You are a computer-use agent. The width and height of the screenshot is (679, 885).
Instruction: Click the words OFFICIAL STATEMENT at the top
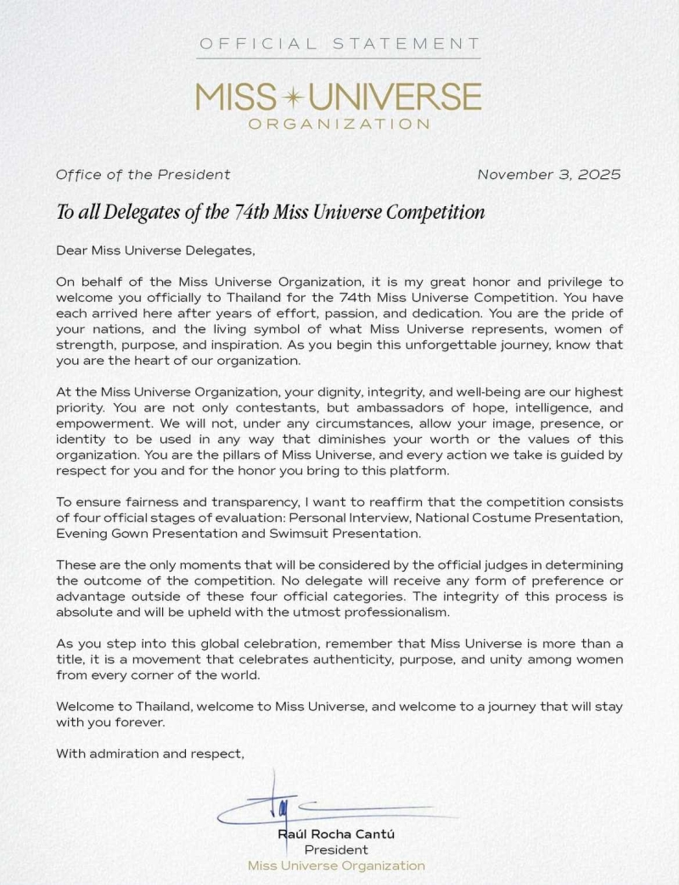click(339, 43)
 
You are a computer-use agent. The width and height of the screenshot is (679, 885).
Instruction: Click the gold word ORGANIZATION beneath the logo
click(339, 124)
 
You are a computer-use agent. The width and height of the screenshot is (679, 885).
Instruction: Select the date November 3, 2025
click(549, 175)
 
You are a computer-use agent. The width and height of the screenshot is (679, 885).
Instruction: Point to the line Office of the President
click(143, 175)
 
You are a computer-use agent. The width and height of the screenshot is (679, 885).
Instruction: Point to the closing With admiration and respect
click(149, 753)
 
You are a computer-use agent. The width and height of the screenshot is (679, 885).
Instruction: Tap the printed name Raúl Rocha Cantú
click(336, 834)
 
